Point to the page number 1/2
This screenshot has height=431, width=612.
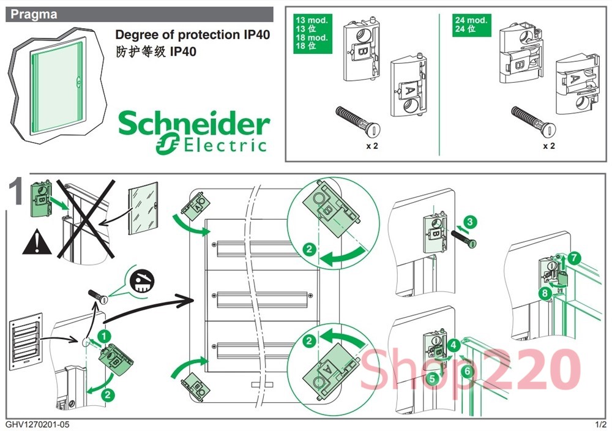(x=600, y=424)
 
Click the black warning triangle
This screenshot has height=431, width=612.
(x=37, y=244)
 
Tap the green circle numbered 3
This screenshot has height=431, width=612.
(x=469, y=221)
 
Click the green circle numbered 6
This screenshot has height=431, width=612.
(x=468, y=371)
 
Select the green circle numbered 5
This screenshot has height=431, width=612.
(x=432, y=378)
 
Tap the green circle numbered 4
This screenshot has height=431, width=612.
(x=453, y=345)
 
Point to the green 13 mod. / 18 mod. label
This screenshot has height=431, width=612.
(x=312, y=33)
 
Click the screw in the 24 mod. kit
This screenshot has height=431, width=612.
(x=533, y=119)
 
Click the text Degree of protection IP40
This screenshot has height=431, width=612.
(x=193, y=35)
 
